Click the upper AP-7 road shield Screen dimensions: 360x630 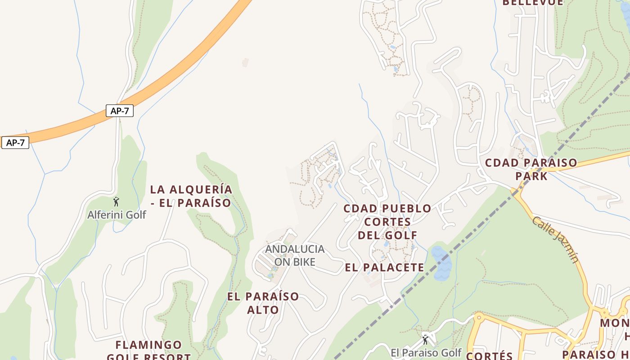pos(120,111)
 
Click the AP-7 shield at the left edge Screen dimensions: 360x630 pos(15,143)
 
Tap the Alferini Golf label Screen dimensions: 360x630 pos(117,215)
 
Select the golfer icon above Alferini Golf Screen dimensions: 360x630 pos(116,202)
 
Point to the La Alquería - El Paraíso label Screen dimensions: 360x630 pos(191,196)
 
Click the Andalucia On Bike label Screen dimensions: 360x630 pos(294,255)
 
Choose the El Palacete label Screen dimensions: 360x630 pos(384,267)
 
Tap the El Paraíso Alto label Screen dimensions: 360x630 pos(263,303)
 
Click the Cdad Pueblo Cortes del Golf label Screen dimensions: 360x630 pos(387,221)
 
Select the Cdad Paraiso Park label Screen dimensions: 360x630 pos(531,169)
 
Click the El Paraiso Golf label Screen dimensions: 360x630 pos(426,352)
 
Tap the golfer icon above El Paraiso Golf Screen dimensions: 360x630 pos(425,340)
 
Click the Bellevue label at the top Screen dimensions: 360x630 pos(532,3)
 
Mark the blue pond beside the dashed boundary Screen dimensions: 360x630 pos(441,263)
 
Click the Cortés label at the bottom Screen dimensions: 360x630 pos(489,355)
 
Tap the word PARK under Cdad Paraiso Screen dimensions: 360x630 pos(531,175)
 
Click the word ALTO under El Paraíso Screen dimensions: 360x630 pos(263,310)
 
